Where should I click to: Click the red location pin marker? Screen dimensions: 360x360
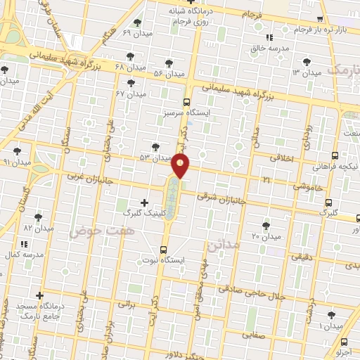(181, 166)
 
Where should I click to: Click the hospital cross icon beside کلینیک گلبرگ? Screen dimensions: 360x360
(144, 202)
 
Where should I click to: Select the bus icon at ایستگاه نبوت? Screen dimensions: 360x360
(164, 250)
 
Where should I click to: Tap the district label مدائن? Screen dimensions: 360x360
(224, 246)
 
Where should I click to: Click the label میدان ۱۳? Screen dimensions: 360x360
(307, 72)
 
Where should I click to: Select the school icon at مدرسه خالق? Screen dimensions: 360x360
(269, 38)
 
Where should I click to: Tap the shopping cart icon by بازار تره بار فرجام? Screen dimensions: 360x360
(321, 19)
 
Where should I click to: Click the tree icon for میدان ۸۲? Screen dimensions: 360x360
(39, 217)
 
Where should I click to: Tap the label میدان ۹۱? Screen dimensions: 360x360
(17, 162)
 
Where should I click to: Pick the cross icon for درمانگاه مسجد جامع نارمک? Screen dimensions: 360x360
(40, 295)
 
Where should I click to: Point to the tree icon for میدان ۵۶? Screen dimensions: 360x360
(167, 62)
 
